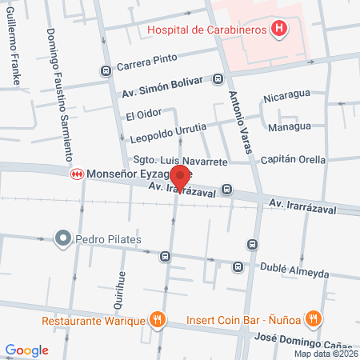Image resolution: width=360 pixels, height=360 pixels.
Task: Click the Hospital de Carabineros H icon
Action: [278, 30]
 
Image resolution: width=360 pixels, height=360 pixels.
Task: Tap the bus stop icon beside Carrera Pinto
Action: [106, 70]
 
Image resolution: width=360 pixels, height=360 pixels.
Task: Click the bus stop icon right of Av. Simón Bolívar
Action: [218, 79]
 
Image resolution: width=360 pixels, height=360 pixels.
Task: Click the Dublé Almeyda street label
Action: [293, 273]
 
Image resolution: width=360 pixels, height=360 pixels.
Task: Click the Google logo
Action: [27, 350]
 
